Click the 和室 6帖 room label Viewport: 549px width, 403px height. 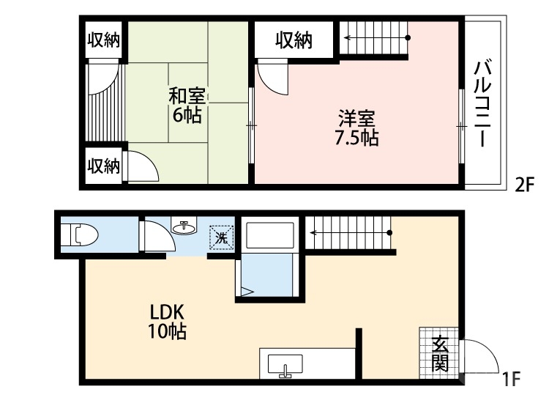[x=188, y=106]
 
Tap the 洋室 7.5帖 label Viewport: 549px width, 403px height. [x=356, y=127]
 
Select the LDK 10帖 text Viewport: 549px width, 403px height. [x=168, y=321]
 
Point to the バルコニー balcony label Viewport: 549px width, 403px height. [x=482, y=104]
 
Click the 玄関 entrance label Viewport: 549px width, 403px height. [x=439, y=353]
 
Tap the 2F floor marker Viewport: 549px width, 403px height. [x=526, y=185]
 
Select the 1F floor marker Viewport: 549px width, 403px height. [x=511, y=380]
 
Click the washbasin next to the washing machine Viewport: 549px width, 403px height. [x=184, y=226]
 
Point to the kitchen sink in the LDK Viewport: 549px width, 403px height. [x=285, y=364]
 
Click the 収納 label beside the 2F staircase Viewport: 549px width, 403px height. [x=294, y=41]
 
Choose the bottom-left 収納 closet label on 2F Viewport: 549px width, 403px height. [x=102, y=166]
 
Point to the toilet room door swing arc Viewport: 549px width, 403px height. [x=155, y=238]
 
